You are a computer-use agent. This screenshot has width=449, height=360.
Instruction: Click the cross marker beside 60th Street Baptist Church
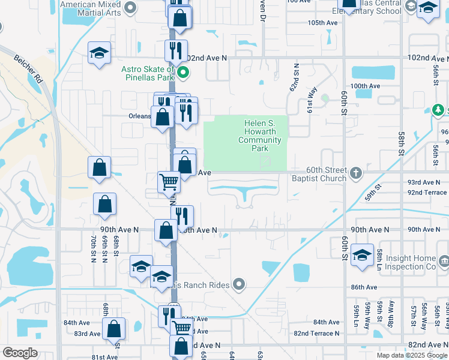(x=356, y=174)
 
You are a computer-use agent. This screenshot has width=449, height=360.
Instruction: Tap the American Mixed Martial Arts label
(x=92, y=8)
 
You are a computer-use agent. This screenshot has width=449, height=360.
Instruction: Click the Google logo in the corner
(x=20, y=352)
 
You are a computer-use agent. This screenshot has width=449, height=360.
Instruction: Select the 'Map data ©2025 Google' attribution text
(x=411, y=355)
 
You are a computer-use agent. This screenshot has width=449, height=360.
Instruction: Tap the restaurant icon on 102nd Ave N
(x=176, y=50)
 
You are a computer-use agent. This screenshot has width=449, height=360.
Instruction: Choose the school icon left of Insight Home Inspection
(x=363, y=255)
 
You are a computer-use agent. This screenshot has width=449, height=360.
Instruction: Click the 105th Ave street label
(x=323, y=23)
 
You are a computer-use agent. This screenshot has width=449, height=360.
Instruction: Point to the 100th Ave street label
(x=366, y=86)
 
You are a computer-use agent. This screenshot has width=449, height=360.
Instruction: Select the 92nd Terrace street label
(x=427, y=193)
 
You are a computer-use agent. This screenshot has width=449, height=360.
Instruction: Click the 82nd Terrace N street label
(x=317, y=333)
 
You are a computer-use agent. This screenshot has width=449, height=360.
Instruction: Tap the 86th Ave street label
(x=364, y=287)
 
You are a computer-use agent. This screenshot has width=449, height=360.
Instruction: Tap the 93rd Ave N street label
(x=424, y=182)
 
